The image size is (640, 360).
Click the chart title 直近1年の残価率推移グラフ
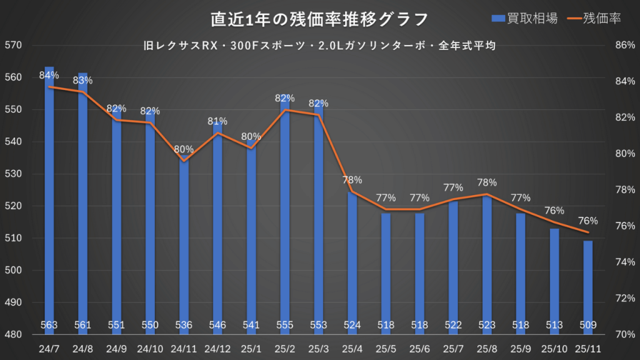[319, 19]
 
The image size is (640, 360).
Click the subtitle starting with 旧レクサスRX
[319, 46]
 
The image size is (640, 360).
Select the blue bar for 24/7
[49, 200]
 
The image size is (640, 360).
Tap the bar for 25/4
[352, 262]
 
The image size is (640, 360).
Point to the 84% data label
[49, 75]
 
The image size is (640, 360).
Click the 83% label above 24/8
[82, 80]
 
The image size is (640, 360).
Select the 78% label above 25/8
[487, 182]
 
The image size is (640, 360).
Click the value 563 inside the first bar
[49, 325]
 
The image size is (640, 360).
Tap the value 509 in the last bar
[588, 325]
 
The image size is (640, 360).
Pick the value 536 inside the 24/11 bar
[184, 325]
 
